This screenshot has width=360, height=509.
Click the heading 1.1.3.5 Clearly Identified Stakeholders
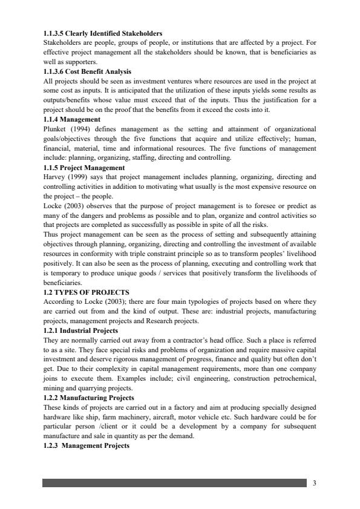point(99,32)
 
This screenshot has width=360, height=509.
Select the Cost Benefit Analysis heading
point(88,71)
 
